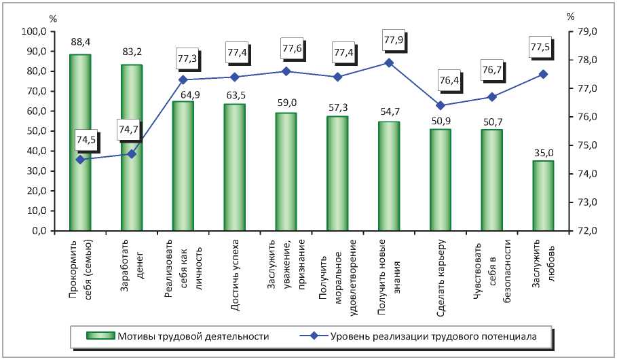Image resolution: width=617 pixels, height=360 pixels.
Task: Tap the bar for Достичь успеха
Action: (234, 167)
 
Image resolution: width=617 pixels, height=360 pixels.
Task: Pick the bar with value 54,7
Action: (389, 176)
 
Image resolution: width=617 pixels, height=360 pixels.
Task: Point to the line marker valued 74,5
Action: (80, 160)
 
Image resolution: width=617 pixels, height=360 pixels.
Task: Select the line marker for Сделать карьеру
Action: (441, 105)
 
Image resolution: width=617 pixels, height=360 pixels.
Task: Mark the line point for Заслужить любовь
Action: (543, 74)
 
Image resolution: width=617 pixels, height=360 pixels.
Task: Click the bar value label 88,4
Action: (80, 42)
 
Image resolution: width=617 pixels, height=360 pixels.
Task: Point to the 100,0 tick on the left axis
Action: (34, 32)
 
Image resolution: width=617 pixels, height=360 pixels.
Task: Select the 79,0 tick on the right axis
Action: (586, 32)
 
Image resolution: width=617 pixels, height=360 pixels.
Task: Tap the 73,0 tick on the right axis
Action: (586, 202)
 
